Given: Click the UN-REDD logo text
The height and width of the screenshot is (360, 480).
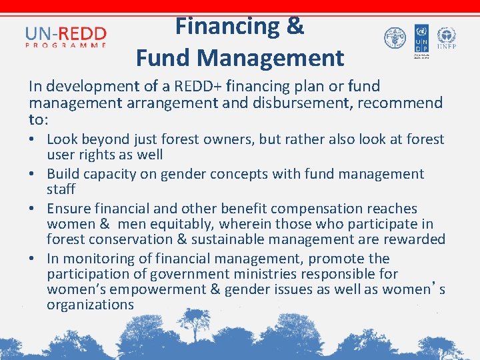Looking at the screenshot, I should pyautogui.click(x=66, y=33).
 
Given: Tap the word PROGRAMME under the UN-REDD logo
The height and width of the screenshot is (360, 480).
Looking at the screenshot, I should pyautogui.click(x=66, y=45).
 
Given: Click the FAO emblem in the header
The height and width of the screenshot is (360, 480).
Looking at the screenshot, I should pyautogui.click(x=395, y=37).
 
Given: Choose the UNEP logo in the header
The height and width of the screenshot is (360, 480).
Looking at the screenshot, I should pyautogui.click(x=446, y=39).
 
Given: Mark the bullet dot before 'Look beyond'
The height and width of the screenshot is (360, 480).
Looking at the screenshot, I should pyautogui.click(x=33, y=140).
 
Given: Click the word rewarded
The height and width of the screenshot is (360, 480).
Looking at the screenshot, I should pyautogui.click(x=412, y=239).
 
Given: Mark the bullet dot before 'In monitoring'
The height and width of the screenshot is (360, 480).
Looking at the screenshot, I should pyautogui.click(x=33, y=259).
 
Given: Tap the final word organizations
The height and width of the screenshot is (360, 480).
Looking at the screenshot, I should pyautogui.click(x=90, y=305).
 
